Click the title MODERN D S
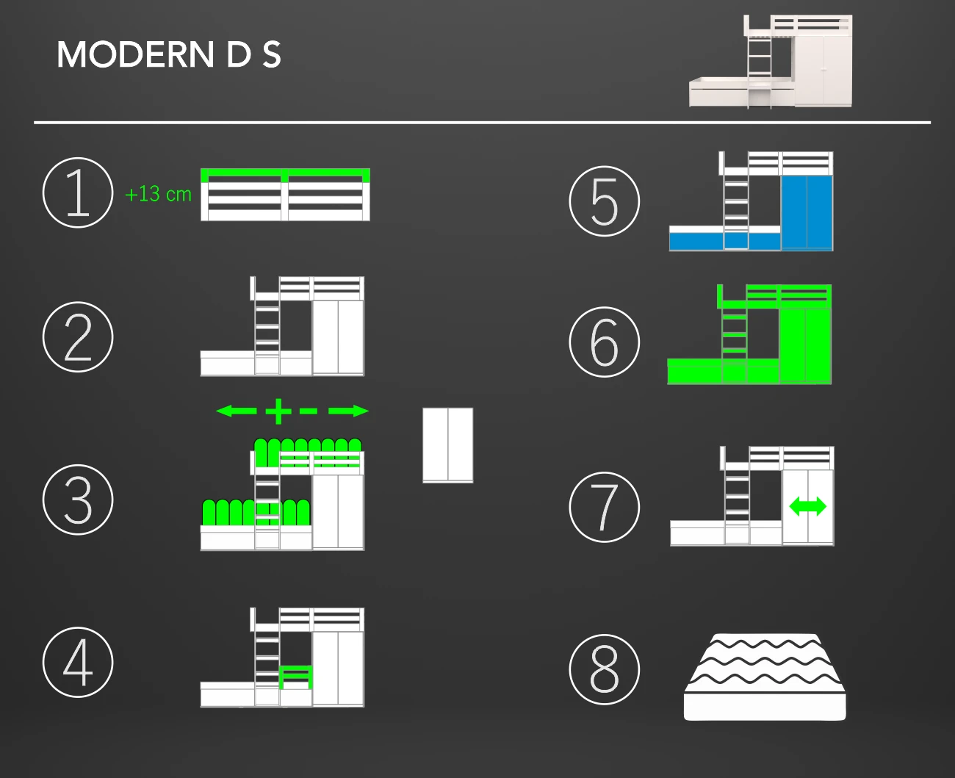(x=168, y=54)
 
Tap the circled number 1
(x=78, y=192)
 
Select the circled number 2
(x=78, y=336)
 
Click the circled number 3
(x=78, y=500)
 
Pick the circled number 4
(x=78, y=662)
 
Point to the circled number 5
(x=605, y=201)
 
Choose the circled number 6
(x=605, y=342)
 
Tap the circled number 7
(x=605, y=507)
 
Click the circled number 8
(x=605, y=669)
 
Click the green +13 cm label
(x=158, y=194)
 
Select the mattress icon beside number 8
(x=765, y=677)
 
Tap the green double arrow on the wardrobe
(x=807, y=506)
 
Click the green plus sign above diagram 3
(x=278, y=411)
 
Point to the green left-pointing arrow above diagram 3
(x=237, y=411)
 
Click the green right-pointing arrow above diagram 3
(x=348, y=411)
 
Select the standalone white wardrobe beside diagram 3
(x=448, y=444)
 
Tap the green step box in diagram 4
(x=296, y=677)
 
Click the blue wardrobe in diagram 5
(x=807, y=212)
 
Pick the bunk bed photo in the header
(x=771, y=62)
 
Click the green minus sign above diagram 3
(x=308, y=411)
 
